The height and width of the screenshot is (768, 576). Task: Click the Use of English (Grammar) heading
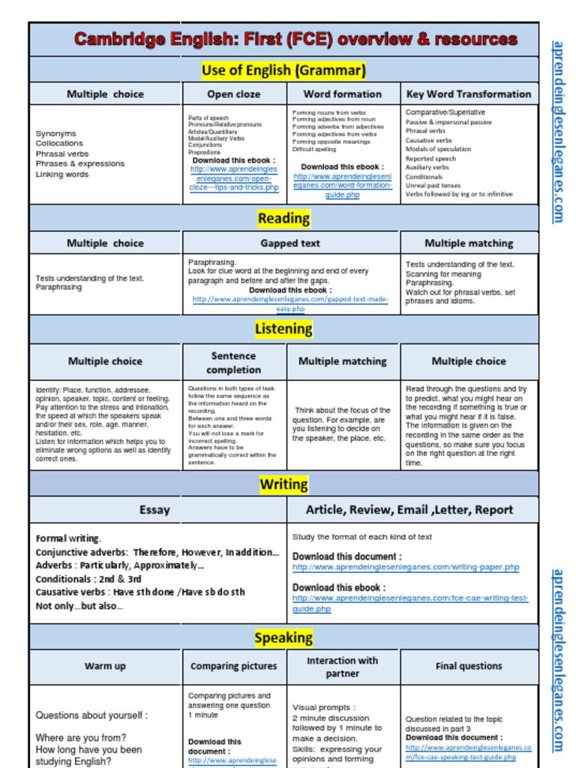pos(283,70)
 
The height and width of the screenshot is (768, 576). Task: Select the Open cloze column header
pos(234,94)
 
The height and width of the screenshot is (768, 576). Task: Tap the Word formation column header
pos(342,94)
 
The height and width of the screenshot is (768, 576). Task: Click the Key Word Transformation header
pos(469,94)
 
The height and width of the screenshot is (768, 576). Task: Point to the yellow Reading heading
pos(283,218)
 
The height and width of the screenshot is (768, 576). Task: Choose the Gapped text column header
pos(290,243)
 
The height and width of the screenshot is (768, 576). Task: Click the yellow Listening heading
pos(283,328)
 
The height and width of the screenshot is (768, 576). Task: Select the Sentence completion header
pos(233,362)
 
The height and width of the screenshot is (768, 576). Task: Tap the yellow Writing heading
pos(283,484)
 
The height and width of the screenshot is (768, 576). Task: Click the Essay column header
pos(154,510)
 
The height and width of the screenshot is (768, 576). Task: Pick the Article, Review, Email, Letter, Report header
pos(409,510)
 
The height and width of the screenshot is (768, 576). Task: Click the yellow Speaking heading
pos(283,637)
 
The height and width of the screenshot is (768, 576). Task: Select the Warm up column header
pos(105,666)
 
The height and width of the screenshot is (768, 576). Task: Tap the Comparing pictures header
pos(233,666)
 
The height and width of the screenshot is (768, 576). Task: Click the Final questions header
pos(469,666)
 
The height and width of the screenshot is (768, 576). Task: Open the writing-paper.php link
pos(405,568)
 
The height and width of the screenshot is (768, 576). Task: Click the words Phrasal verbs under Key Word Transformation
pos(425,130)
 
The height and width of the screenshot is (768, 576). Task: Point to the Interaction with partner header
pos(342,667)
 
